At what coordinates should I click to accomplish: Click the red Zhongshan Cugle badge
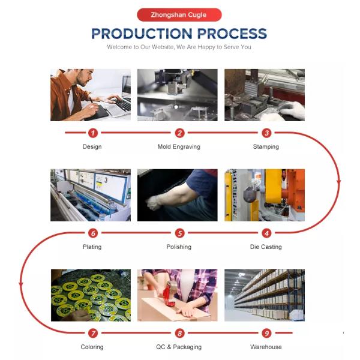click(x=179, y=14)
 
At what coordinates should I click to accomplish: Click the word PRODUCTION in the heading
click(x=142, y=34)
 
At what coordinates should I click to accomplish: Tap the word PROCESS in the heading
click(x=232, y=34)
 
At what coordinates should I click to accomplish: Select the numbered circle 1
click(x=93, y=133)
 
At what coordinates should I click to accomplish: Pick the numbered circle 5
click(x=179, y=233)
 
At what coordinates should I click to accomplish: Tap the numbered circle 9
click(x=266, y=333)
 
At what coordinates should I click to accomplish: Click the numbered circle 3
click(x=266, y=133)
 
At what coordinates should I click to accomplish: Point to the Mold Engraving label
click(x=179, y=147)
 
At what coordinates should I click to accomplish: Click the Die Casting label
click(x=266, y=247)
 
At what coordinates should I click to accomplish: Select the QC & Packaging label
click(x=179, y=347)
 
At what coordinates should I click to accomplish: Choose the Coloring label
click(x=92, y=347)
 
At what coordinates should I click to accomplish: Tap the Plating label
click(x=92, y=247)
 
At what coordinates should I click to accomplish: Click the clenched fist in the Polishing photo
click(x=152, y=203)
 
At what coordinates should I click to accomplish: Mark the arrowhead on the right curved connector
click(x=338, y=182)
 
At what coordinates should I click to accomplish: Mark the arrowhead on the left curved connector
click(x=21, y=284)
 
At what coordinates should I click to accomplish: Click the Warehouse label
click(x=266, y=347)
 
